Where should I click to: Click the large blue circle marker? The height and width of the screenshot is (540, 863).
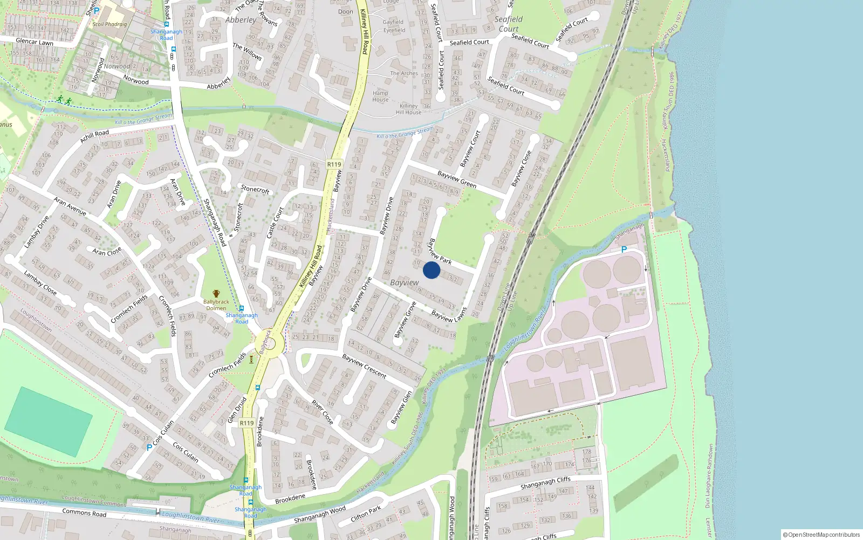click(x=432, y=270)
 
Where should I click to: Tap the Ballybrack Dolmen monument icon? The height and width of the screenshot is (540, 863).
click(x=216, y=294)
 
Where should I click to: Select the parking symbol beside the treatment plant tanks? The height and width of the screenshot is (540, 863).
click(x=624, y=249)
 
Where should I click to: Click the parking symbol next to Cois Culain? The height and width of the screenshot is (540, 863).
click(x=149, y=447)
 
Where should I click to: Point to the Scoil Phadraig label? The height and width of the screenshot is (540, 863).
click(x=109, y=24)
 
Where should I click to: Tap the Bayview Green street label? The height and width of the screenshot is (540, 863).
click(x=457, y=179)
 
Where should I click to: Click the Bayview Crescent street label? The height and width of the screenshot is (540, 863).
click(x=364, y=366)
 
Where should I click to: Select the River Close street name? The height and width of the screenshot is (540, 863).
click(x=323, y=411)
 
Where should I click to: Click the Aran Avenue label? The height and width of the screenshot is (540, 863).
click(x=70, y=206)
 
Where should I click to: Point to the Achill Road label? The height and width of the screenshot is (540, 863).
click(x=94, y=136)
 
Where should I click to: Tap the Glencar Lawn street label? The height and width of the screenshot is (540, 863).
click(x=35, y=42)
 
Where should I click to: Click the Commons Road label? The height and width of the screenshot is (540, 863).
click(x=84, y=512)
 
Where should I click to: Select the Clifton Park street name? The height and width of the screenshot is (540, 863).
click(x=366, y=514)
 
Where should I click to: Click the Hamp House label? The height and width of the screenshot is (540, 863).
click(x=380, y=96)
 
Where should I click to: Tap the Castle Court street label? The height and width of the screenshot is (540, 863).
click(x=275, y=222)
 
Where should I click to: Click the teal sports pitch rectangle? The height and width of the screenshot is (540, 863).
click(x=49, y=422)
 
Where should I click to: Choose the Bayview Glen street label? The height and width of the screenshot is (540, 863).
click(x=401, y=407)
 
